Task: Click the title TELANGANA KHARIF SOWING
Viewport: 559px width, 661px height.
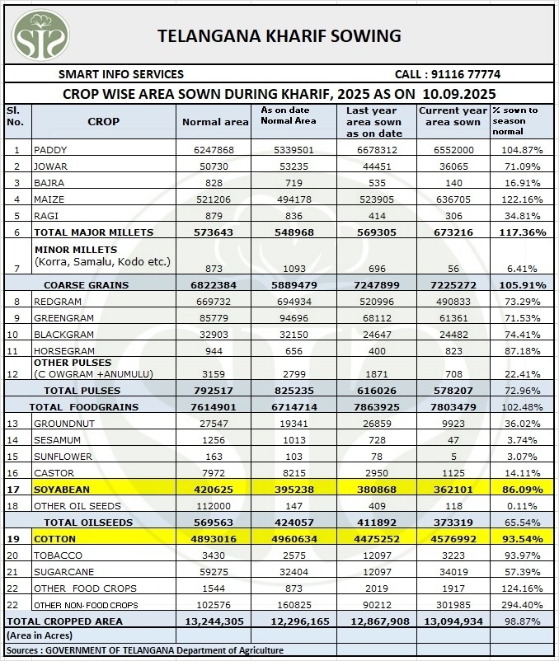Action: pyautogui.click(x=279, y=36)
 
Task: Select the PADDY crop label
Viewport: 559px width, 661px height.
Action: pyautogui.click(x=51, y=150)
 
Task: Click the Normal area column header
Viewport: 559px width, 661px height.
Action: pyautogui.click(x=214, y=122)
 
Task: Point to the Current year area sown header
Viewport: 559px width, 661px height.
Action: pyautogui.click(x=453, y=116)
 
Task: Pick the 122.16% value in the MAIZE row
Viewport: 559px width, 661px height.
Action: pyautogui.click(x=522, y=199)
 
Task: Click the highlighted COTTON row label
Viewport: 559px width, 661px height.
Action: pyautogui.click(x=54, y=539)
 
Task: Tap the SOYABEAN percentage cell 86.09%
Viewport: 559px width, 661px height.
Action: pyautogui.click(x=522, y=490)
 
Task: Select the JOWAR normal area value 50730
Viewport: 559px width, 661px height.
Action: pyautogui.click(x=214, y=166)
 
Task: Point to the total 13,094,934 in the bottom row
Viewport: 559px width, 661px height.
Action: pyautogui.click(x=453, y=621)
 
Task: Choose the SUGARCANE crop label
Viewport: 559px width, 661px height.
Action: pyautogui.click(x=63, y=572)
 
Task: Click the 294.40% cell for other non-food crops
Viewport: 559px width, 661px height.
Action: pyautogui.click(x=522, y=605)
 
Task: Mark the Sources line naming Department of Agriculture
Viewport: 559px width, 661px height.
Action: pyautogui.click(x=144, y=651)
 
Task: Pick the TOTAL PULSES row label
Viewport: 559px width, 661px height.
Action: pyautogui.click(x=76, y=390)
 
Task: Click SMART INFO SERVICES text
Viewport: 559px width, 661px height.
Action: pyautogui.click(x=120, y=73)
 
